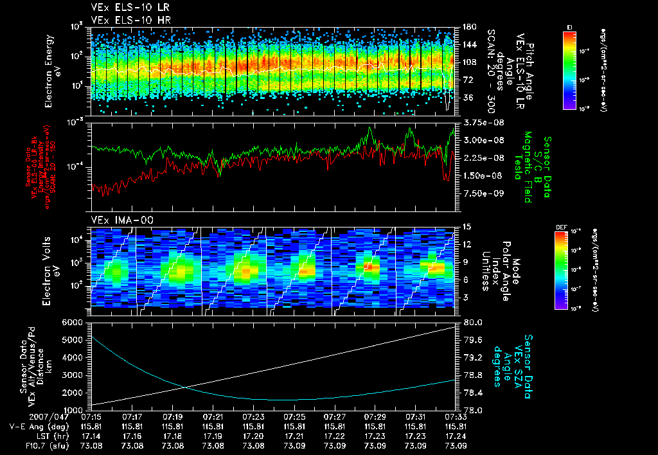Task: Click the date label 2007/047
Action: [x=24, y=417]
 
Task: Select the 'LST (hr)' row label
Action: [x=42, y=436]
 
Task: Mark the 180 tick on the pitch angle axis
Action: [x=468, y=26]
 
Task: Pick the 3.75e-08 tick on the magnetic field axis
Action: [x=479, y=122]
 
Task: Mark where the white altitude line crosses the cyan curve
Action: [x=184, y=386]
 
